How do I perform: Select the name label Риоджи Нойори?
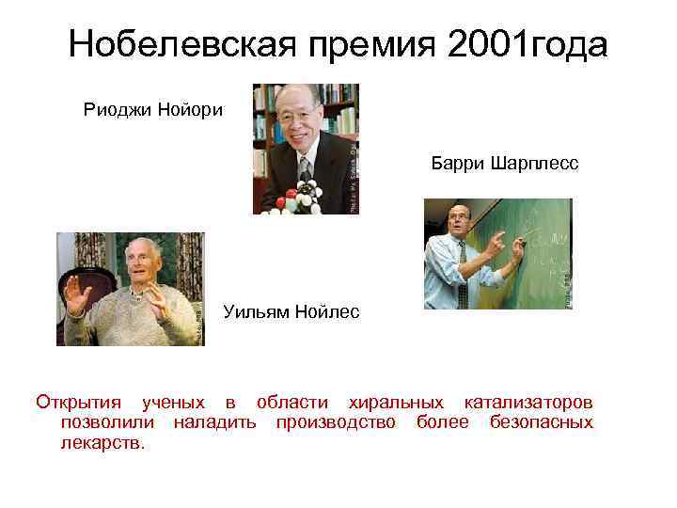153,110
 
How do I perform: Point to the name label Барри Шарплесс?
506,165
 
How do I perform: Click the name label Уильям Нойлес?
291,311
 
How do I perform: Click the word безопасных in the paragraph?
542,422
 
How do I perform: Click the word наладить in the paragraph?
214,422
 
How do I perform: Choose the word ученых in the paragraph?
173,403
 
